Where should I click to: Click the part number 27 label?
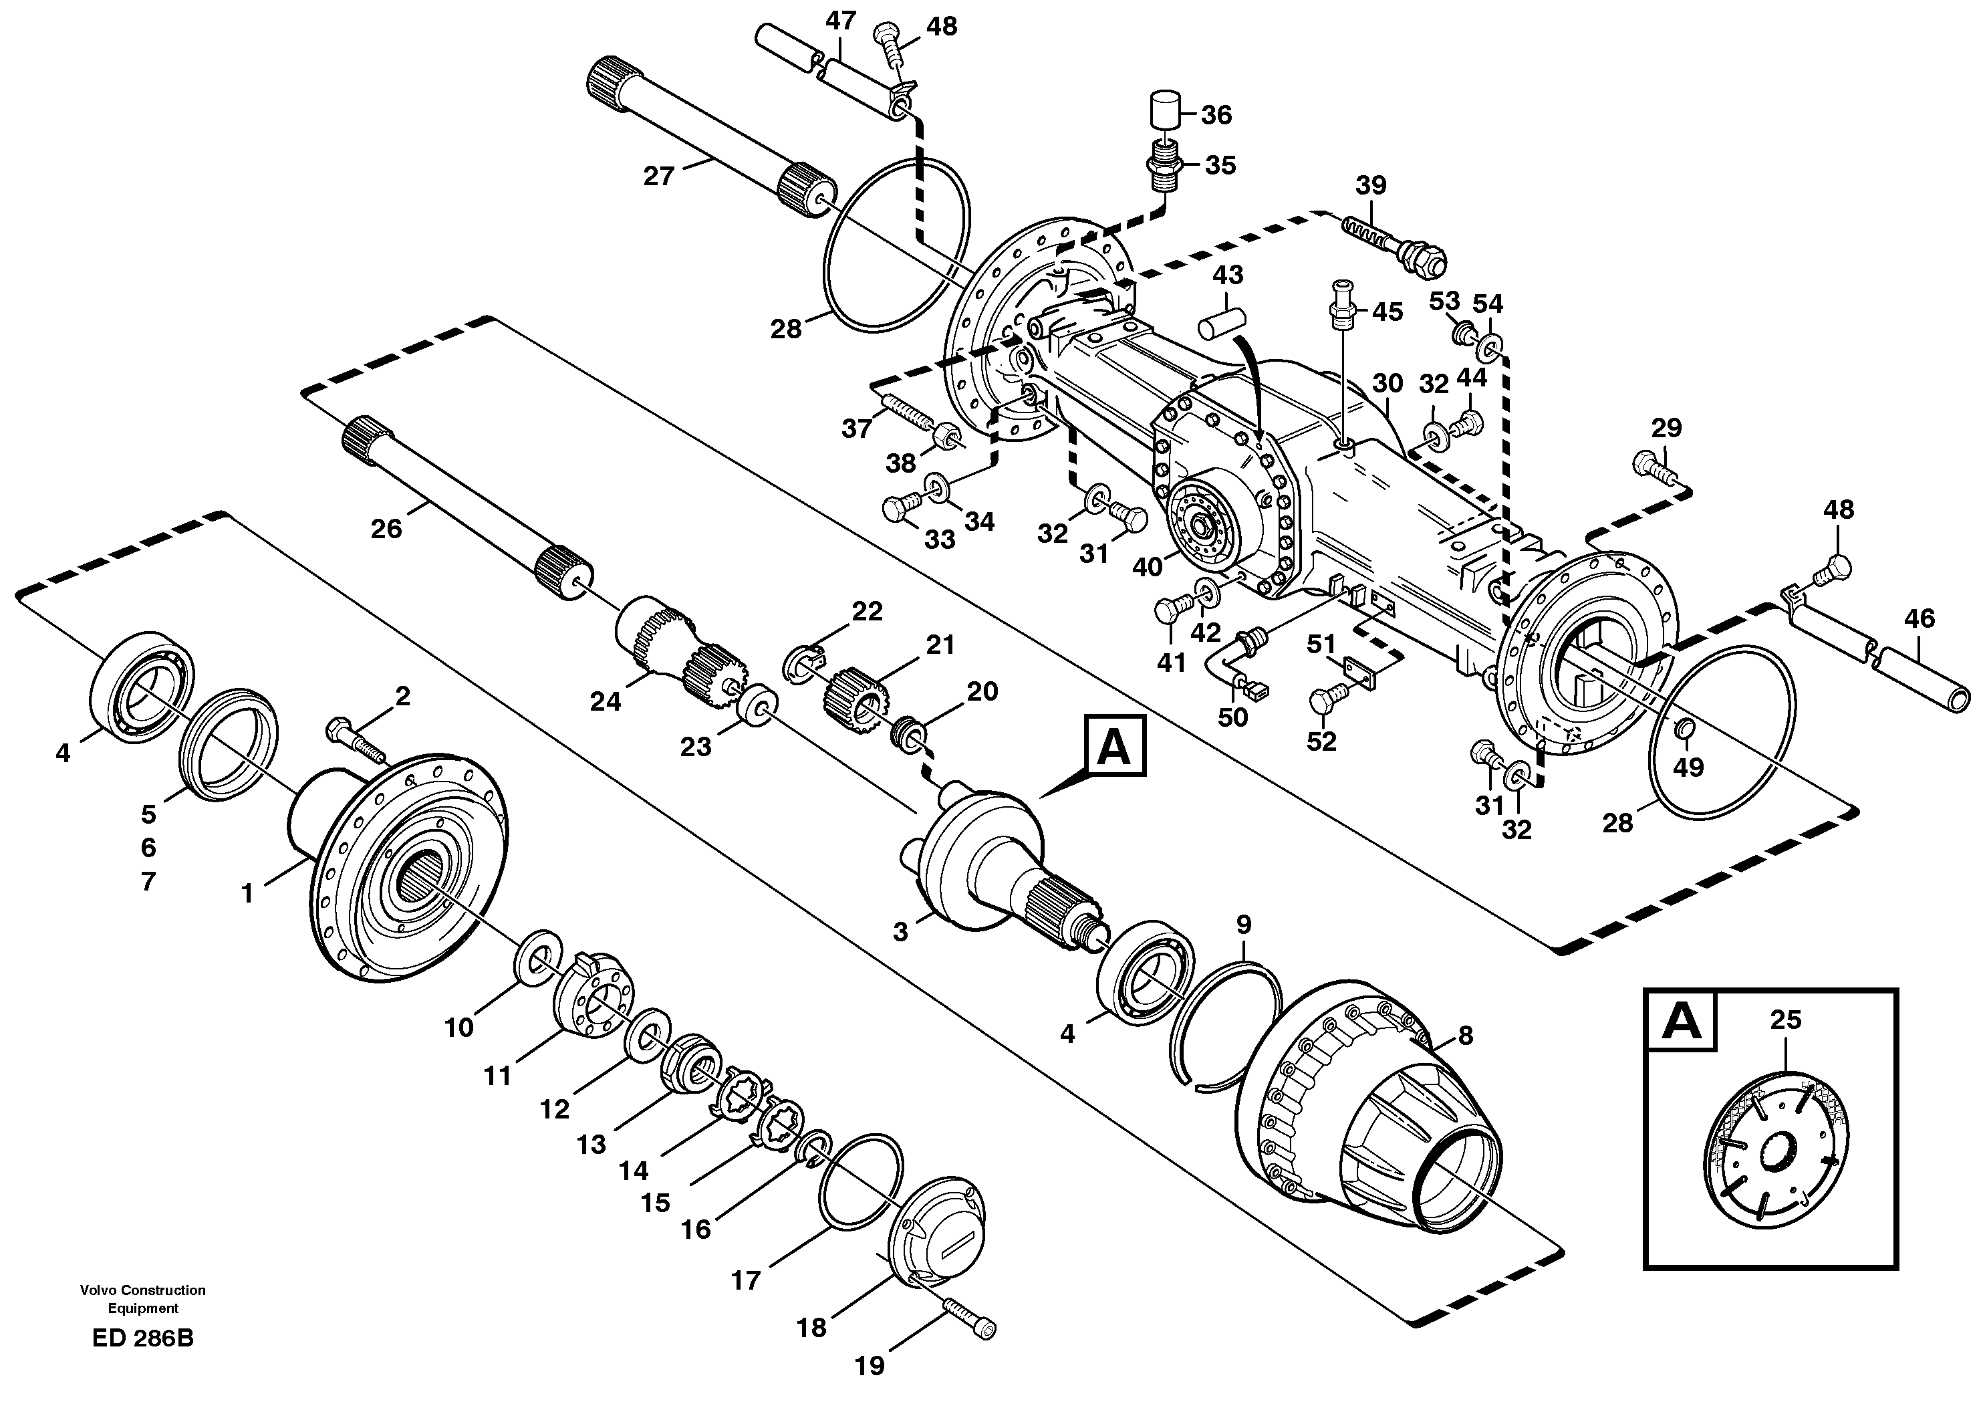(658, 176)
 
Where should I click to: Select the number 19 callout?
(869, 1365)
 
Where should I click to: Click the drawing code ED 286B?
(143, 1338)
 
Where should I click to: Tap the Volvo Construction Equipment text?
(143, 1298)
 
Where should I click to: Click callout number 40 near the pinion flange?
(1147, 568)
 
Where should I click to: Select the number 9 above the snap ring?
(1244, 924)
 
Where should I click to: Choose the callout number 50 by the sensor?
(1232, 717)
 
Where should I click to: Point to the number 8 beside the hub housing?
(1464, 1036)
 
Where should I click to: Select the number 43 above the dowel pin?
(1228, 275)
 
